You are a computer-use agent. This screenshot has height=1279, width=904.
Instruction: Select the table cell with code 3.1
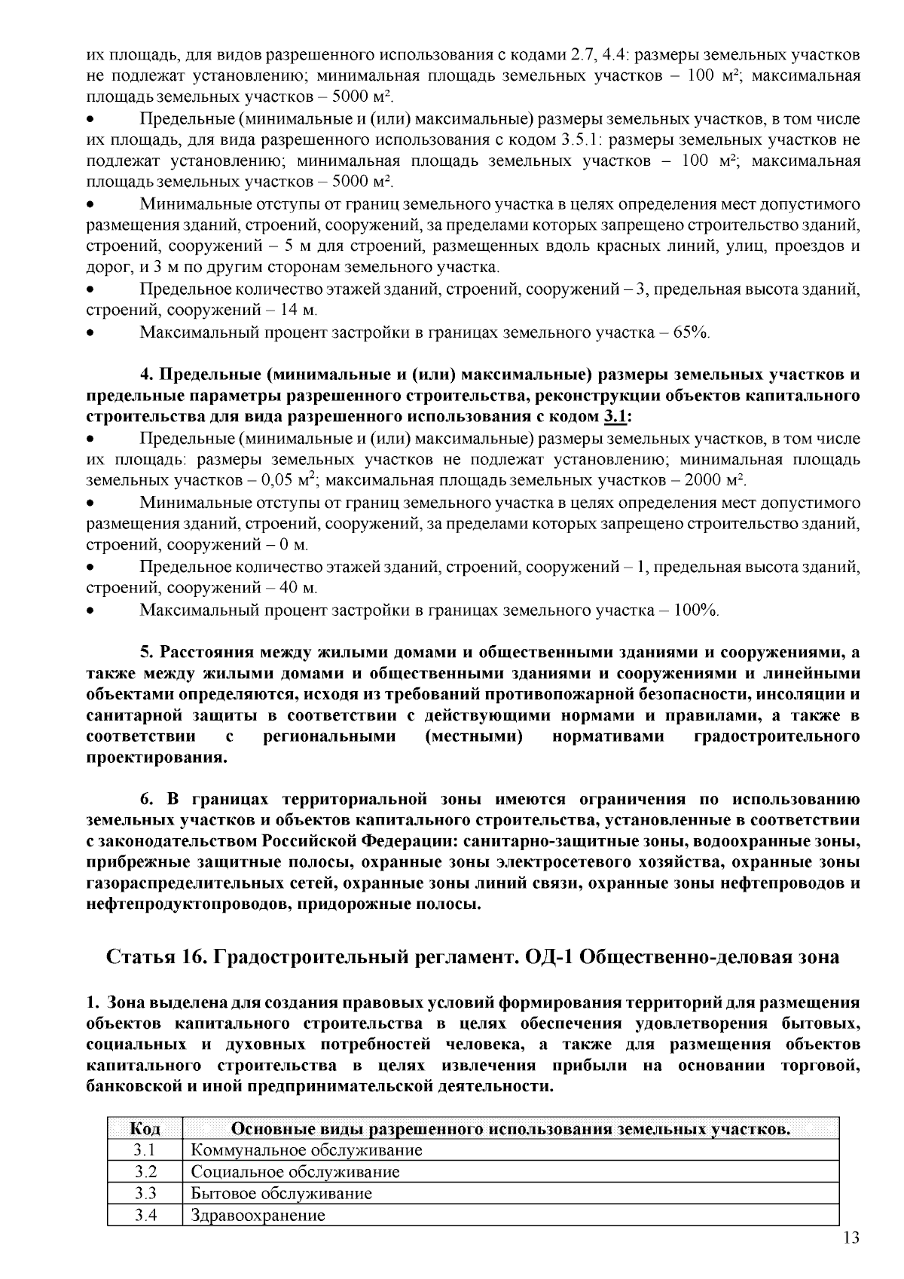(x=145, y=1150)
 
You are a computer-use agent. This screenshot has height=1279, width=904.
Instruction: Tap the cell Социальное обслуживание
(x=295, y=1172)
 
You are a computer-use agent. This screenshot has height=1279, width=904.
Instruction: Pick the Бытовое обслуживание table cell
(x=282, y=1194)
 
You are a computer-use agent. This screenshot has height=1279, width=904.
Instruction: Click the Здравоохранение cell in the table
(x=258, y=1216)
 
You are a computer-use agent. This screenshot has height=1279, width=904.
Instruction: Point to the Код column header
(x=145, y=1128)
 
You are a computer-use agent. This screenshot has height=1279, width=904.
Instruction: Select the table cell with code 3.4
(x=145, y=1216)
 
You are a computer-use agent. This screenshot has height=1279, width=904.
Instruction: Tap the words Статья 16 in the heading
(x=157, y=957)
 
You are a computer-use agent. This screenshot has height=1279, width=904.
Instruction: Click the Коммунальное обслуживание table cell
(x=307, y=1150)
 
